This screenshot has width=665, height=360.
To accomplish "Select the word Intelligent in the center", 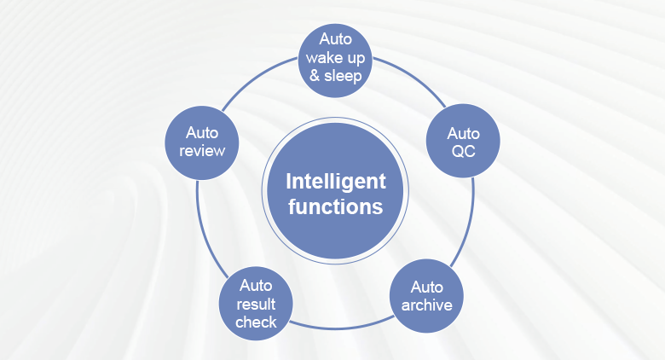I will point(335,181).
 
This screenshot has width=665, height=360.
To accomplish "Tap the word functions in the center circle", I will point(335,206).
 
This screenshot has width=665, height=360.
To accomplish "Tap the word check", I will point(256,321).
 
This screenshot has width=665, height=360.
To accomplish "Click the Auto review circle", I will point(203,142).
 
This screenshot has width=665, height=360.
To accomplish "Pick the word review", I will point(203,151).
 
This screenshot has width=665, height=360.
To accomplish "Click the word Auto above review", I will point(203,132).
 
